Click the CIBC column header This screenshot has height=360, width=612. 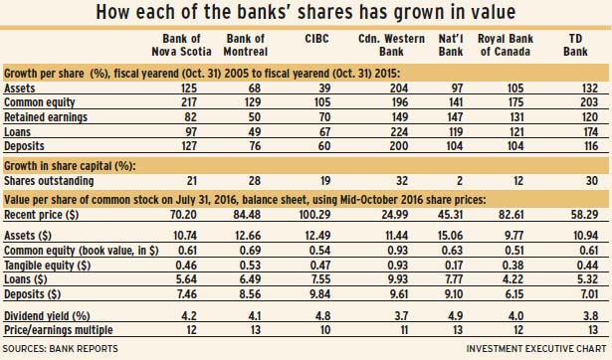point(316,39)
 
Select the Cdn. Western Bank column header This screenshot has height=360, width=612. point(391,45)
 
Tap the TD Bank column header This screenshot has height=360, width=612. point(575,45)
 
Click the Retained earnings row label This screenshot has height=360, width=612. point(46,117)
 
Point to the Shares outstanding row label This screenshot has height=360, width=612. point(49,181)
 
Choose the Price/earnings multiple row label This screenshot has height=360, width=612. point(58,330)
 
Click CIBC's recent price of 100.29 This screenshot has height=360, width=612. point(315,215)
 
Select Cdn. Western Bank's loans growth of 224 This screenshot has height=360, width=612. point(399,132)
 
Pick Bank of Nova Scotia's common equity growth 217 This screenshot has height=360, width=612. point(189,102)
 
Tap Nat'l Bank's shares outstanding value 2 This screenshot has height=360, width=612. point(460,181)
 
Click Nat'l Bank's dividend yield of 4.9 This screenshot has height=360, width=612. point(455,315)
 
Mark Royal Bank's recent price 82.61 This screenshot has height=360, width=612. point(510,215)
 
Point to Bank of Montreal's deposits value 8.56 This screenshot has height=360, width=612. point(249,293)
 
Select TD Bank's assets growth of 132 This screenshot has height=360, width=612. point(590,88)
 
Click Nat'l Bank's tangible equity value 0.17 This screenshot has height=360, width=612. point(454,266)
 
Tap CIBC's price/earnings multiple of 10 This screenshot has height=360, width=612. point(324,330)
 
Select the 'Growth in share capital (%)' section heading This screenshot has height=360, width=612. point(69,166)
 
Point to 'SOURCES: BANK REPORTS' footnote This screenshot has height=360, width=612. point(60,348)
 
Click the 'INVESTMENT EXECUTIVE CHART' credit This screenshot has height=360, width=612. point(536,348)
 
